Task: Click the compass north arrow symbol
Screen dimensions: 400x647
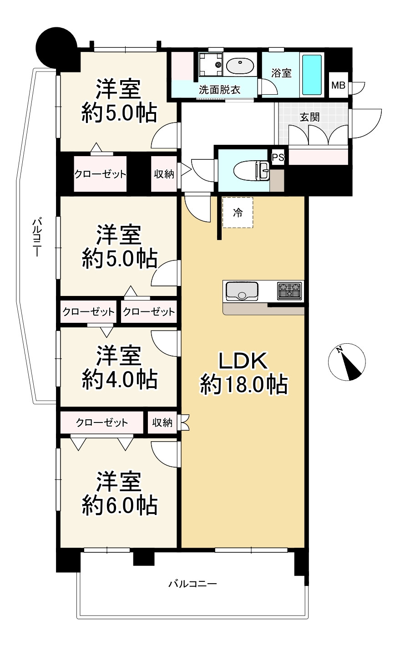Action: pos(347,362)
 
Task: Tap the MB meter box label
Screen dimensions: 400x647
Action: pos(338,85)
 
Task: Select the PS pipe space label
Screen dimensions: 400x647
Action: pos(278,158)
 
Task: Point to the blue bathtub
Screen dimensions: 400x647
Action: pos(312,75)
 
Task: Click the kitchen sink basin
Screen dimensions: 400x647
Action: pos(242,291)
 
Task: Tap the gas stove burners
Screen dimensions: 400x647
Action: pos(289,290)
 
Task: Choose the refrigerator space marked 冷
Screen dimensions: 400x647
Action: pos(238,213)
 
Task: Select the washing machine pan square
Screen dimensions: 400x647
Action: pos(211,64)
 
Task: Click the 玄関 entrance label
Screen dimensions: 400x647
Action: pos(309,117)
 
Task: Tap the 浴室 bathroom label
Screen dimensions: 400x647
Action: pos(281,73)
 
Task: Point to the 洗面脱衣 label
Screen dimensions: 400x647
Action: pos(220,90)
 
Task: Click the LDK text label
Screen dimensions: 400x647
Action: pos(243,361)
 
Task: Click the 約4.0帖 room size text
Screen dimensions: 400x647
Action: pos(120,379)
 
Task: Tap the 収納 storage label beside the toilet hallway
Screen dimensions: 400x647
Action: pos(164,174)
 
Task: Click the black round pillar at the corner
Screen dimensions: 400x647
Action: pos(56,48)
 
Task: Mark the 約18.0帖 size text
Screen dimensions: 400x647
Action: pos(244,384)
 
